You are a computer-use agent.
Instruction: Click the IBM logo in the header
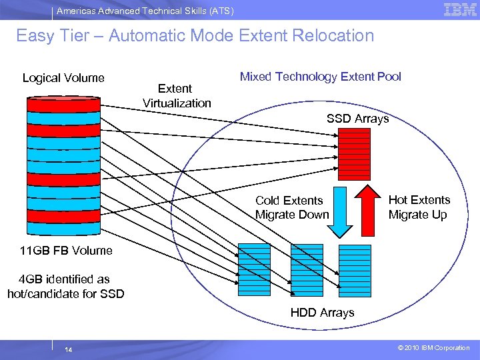click(460, 9)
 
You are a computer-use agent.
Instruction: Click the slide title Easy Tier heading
click(195, 35)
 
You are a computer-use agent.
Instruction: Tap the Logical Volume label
click(63, 78)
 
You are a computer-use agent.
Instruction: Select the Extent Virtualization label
click(177, 95)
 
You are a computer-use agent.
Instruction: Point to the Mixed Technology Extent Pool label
click(320, 77)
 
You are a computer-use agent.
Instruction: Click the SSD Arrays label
click(357, 119)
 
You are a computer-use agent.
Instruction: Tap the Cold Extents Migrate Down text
click(292, 207)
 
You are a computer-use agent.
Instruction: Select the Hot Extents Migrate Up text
click(419, 207)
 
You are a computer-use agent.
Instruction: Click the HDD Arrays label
click(322, 312)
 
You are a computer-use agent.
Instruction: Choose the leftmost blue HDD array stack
click(255, 267)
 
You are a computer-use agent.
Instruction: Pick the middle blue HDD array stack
click(307, 267)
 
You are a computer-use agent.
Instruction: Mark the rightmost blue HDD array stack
click(355, 267)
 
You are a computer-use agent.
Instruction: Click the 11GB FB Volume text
click(57, 251)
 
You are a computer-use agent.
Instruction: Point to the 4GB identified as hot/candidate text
click(65, 286)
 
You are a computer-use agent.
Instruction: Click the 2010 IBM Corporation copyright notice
click(433, 348)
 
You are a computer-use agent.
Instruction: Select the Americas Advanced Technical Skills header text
click(145, 11)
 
